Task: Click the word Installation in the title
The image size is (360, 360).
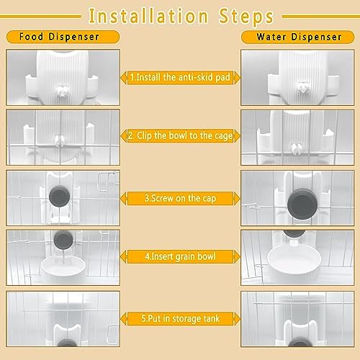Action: click(148, 16)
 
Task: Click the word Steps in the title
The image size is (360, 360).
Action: click(246, 17)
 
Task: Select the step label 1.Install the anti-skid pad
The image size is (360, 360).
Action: click(180, 77)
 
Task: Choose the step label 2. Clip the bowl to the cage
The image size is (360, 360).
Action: click(180, 135)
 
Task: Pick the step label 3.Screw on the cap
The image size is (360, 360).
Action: click(180, 198)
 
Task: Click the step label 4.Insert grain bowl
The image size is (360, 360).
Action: click(180, 256)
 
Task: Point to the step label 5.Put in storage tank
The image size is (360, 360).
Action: click(180, 318)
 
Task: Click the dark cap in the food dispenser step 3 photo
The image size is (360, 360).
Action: click(60, 197)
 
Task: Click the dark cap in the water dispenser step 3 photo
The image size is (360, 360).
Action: click(302, 204)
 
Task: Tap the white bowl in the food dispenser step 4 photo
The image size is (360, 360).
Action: click(63, 266)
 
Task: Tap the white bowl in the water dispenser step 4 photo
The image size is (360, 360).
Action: click(294, 259)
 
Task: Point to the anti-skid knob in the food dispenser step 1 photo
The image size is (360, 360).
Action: click(62, 91)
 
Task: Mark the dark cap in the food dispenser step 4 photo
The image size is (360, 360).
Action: click(63, 240)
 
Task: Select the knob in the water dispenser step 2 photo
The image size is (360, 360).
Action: click(296, 148)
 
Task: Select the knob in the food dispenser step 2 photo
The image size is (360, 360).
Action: click(59, 141)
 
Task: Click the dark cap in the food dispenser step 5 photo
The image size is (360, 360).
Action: click(67, 343)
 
